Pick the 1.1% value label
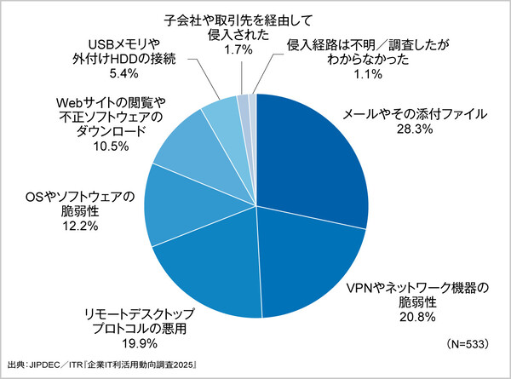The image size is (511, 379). point(345,73)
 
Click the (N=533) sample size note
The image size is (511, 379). point(470,344)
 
